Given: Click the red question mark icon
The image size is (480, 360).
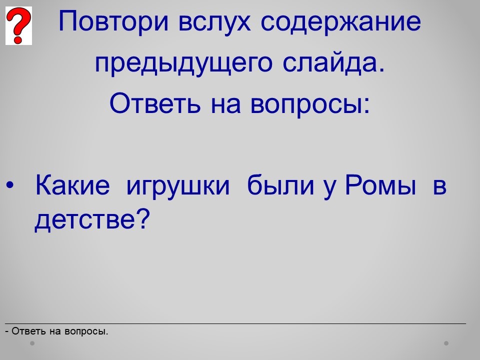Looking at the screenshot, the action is (x=18, y=25).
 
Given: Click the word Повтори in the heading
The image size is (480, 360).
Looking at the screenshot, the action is (x=113, y=22).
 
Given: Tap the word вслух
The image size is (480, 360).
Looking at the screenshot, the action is (x=214, y=22).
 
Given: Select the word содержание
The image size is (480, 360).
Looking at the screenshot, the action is (x=340, y=22).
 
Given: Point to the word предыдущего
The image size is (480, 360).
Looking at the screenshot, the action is (x=183, y=63).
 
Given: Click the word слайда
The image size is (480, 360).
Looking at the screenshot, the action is (x=333, y=62).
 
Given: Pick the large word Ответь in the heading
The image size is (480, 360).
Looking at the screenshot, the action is (x=155, y=103).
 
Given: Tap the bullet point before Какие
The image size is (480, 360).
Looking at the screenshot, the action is (x=10, y=185).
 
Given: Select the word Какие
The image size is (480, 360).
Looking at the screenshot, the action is (x=72, y=185).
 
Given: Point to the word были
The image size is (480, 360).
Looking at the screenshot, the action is (x=280, y=185).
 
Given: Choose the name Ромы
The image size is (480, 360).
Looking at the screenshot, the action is (x=380, y=185).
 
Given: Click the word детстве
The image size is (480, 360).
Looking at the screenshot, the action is (x=84, y=220).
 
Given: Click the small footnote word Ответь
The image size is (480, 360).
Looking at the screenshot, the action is (x=29, y=331).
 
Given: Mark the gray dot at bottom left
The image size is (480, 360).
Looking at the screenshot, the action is (x=32, y=343).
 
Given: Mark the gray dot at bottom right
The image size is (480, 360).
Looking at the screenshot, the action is (x=446, y=343).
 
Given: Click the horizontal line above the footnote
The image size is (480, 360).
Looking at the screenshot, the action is (x=235, y=323).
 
